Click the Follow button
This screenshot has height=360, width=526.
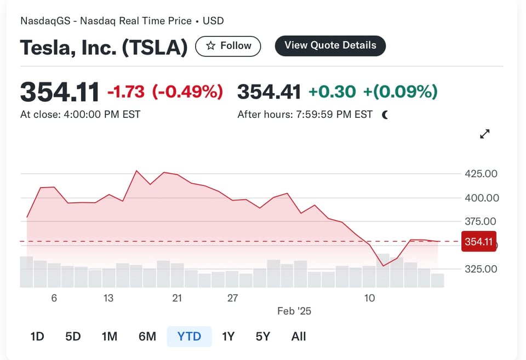point(228,46)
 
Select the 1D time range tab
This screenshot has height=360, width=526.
point(37,336)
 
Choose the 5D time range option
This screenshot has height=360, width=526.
point(73,336)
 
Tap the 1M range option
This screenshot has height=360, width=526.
point(110,336)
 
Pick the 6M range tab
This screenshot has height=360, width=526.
point(147,336)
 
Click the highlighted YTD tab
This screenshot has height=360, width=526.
point(189,336)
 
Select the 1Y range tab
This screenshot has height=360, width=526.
point(228,336)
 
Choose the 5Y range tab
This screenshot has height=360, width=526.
point(263,336)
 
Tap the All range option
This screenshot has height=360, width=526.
point(299,336)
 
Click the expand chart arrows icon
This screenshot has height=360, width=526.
point(485,134)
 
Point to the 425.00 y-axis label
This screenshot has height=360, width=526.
point(481,174)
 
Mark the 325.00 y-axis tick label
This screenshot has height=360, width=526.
point(481,269)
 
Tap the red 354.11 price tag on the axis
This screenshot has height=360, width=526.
point(479,242)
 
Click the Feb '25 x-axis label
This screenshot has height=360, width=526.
point(294,311)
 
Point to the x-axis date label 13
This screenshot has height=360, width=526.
point(108,298)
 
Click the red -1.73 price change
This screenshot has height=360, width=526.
point(126,92)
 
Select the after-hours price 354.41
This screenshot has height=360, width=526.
point(269,92)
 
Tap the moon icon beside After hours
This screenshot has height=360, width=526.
point(385,115)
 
